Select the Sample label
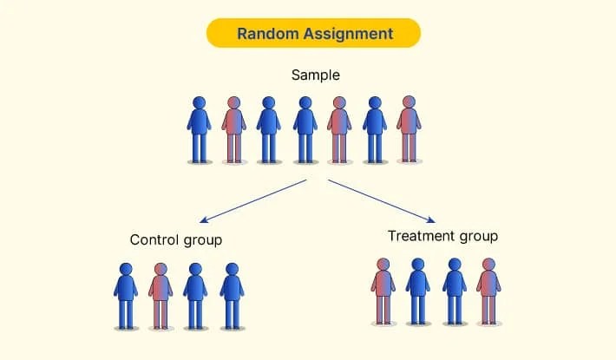coord(316,75)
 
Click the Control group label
coord(176,239)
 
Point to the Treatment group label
coord(442,236)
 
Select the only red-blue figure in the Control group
coord(161,295)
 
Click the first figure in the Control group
coord(126,295)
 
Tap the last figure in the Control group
coord(232,295)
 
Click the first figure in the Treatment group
coord(383,291)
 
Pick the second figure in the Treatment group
coord(418,291)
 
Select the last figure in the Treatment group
coord(488,291)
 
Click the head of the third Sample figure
coord(269,102)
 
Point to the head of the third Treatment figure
coord(453,264)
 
